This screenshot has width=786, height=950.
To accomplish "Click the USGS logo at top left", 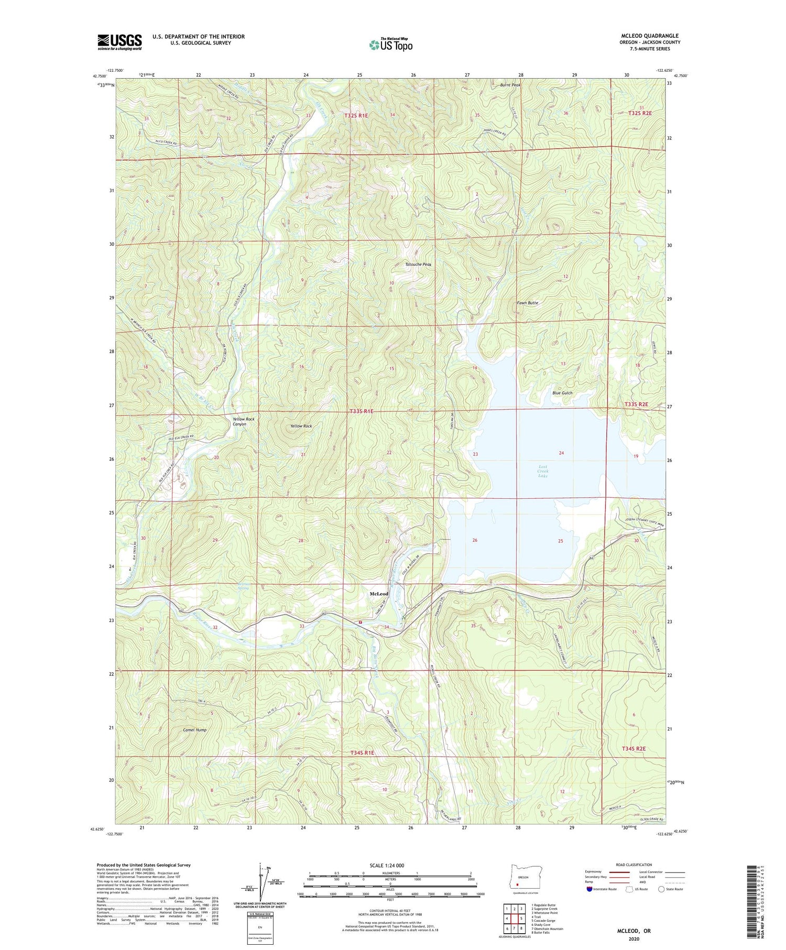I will tap(119, 42).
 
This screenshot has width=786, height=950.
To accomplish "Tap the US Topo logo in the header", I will tap(390, 45).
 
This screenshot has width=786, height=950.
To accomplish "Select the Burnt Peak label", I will tap(510, 85).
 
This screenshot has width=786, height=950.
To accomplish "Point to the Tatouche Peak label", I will tap(418, 265).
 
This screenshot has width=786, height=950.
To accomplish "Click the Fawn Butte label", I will tap(527, 303).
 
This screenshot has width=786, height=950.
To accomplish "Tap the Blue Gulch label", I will tap(562, 392).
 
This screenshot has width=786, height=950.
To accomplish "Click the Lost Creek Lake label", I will tap(543, 471).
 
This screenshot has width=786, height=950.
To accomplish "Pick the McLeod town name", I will tap(379, 594).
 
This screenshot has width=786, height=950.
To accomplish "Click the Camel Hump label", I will tap(194, 729).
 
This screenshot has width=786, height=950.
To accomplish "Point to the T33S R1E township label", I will tap(362, 411).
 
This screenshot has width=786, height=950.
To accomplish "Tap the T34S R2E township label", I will tap(633, 749).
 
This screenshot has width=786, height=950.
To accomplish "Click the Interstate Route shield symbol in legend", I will tap(589, 889).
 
